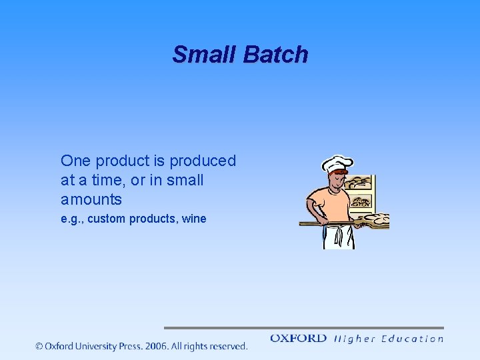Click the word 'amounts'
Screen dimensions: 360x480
91,199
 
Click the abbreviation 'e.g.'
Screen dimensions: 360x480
71,219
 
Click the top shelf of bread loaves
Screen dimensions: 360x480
360,181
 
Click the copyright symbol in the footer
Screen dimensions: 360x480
39,346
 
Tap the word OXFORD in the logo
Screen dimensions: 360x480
298,339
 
